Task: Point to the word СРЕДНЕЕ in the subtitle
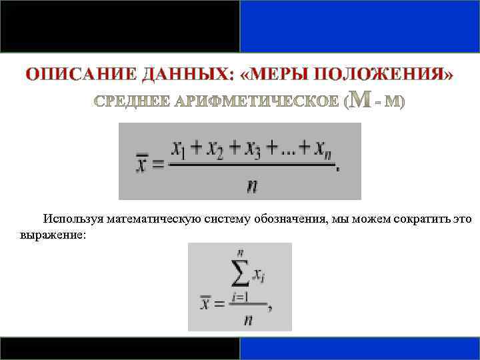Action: [x=131, y=102]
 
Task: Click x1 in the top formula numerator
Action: [x=180, y=149]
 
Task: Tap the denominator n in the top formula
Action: [x=252, y=185]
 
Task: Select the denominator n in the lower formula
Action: [x=247, y=320]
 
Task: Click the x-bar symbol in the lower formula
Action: [x=205, y=305]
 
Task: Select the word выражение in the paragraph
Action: [x=49, y=235]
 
